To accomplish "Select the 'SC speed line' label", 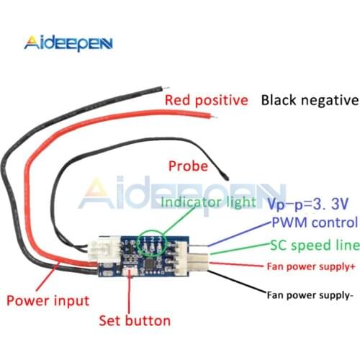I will coord(314,245).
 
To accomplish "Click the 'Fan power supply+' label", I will coord(311,268).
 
